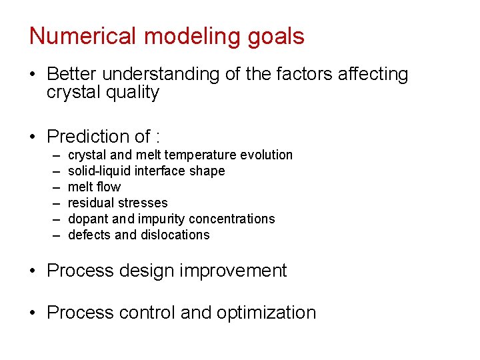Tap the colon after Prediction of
(x=157, y=138)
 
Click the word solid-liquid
(x=101, y=171)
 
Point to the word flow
(x=109, y=187)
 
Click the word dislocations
(x=176, y=235)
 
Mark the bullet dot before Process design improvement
(x=33, y=271)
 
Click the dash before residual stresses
(x=55, y=203)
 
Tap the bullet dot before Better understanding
(x=33, y=75)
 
